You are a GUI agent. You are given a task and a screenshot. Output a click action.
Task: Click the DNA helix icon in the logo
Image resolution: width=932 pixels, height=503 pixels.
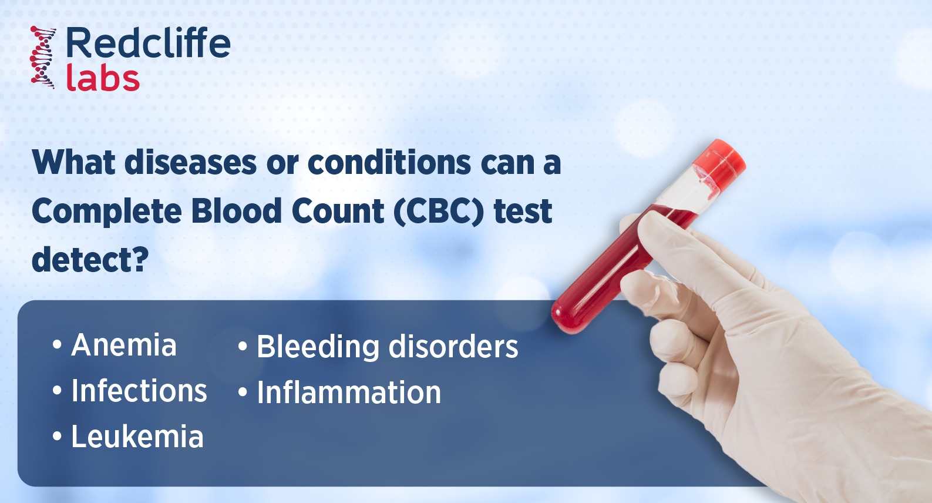[x=43, y=57]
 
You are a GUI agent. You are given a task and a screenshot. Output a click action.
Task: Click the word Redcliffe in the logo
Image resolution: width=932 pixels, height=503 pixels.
[x=148, y=43]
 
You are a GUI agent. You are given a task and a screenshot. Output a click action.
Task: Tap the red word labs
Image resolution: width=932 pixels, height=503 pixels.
[x=103, y=79]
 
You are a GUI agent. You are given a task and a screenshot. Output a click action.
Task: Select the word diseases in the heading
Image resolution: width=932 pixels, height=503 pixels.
[x=191, y=163]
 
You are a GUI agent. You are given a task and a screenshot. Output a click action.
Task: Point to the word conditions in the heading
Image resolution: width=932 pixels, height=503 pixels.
[x=389, y=163]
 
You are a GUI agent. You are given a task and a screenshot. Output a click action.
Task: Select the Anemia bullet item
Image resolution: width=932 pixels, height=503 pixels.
[x=123, y=345]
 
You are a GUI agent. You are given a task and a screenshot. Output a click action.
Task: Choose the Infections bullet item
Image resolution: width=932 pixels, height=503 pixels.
[x=139, y=391]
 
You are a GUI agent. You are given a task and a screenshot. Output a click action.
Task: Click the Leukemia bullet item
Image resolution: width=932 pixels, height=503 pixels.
[x=137, y=437]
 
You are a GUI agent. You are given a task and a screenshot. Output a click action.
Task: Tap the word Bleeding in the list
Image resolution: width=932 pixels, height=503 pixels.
[x=318, y=347]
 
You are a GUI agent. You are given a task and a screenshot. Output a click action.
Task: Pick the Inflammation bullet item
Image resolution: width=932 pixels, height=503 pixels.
[x=349, y=393]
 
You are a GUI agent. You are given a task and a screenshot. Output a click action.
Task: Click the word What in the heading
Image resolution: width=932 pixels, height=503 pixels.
[x=74, y=163]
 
